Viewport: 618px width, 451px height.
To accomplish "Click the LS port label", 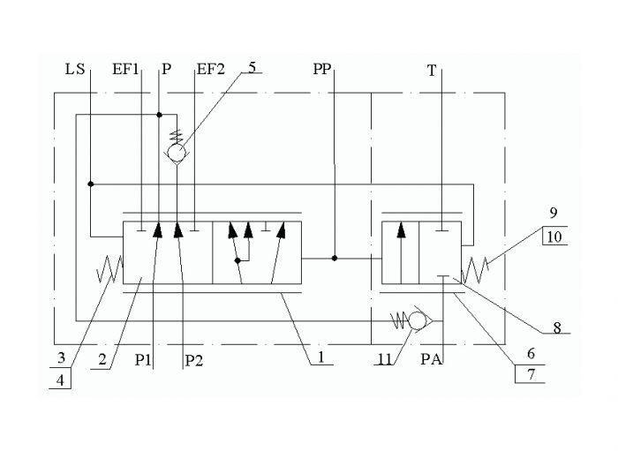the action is [x=75, y=70].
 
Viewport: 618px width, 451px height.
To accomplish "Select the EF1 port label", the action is [x=125, y=70].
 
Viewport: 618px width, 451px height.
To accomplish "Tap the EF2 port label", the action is [x=210, y=70].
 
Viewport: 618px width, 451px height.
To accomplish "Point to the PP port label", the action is [x=322, y=70].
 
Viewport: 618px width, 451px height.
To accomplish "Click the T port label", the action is [x=432, y=71].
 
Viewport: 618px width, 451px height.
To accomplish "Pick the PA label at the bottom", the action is [x=431, y=359].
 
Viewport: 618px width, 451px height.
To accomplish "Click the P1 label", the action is [x=143, y=359].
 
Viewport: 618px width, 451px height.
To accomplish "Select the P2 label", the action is [x=194, y=360].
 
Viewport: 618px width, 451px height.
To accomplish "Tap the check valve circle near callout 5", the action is [x=177, y=153].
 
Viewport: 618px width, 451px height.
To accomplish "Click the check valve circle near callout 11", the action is [x=417, y=320].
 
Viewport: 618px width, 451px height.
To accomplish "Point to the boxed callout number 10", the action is [x=554, y=237].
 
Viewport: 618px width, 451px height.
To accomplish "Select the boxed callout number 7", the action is [x=531, y=374].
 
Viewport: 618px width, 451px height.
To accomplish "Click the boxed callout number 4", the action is [x=60, y=380].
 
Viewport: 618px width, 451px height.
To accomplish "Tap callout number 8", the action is [x=556, y=327].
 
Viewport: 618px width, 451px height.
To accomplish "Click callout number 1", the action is [x=321, y=357].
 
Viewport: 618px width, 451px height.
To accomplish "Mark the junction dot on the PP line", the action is [x=335, y=259].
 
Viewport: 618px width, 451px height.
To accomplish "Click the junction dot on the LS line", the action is [x=91, y=184].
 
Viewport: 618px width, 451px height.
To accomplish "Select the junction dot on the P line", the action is [x=159, y=115].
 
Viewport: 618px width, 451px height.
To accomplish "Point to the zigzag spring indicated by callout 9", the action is [x=475, y=270].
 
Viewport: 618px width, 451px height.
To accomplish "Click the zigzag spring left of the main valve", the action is [x=110, y=269].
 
